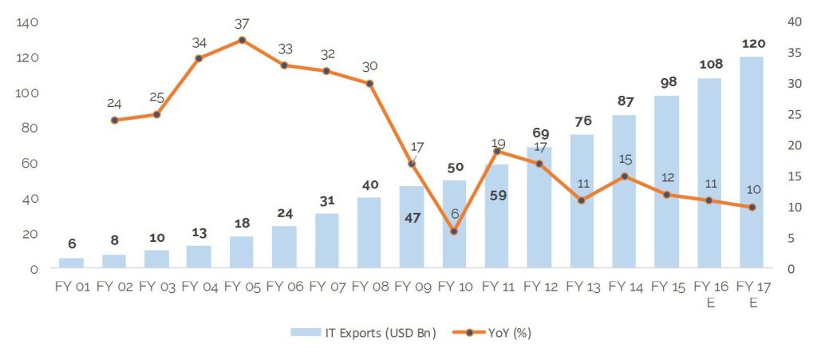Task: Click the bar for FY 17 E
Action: coord(752,163)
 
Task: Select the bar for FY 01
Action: coord(71,263)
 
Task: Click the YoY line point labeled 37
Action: coord(242,40)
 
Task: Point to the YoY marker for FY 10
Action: coord(454,231)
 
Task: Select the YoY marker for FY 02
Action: coord(114,121)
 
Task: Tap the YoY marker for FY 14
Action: coord(624,176)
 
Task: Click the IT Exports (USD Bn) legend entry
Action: coord(363,333)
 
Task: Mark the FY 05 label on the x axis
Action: coord(242,286)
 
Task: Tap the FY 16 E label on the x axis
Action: coord(709,292)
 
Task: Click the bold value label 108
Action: coord(709,64)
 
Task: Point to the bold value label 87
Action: coord(624,101)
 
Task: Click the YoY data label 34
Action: coord(199,42)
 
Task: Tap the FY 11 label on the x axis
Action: coord(496,286)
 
